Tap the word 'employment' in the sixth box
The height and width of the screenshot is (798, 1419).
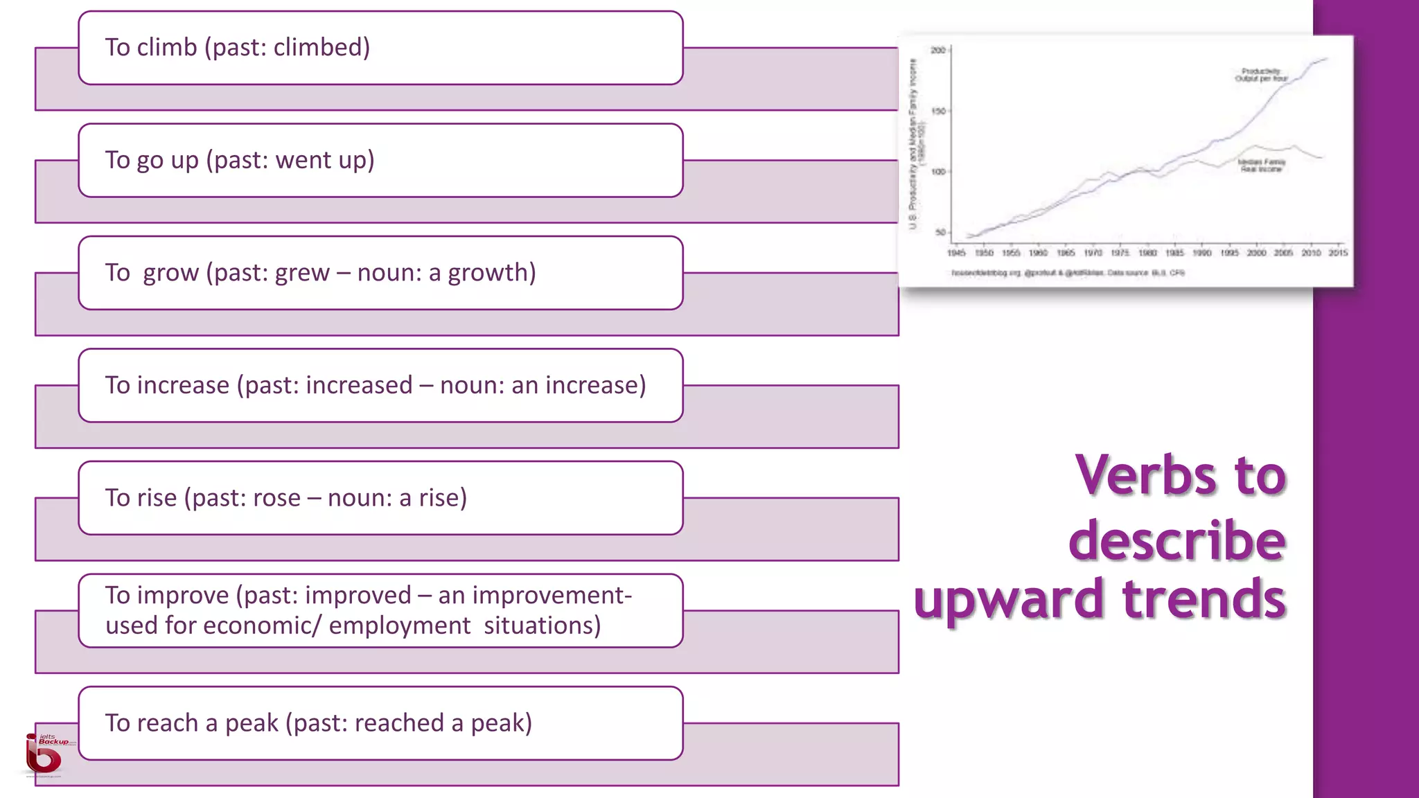(399, 626)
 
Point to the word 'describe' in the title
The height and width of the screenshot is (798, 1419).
(1176, 541)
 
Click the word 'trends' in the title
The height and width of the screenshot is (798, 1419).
(1204, 599)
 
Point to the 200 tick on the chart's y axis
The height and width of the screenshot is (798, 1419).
(938, 51)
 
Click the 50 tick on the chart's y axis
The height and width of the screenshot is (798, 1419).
(940, 233)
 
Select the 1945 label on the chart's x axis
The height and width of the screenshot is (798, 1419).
(956, 254)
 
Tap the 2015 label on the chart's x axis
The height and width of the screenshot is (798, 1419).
(1338, 254)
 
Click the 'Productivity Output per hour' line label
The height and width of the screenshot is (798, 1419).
(1261, 75)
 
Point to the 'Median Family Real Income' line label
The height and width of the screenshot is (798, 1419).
(1261, 166)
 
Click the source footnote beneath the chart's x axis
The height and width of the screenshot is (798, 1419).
(1068, 273)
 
